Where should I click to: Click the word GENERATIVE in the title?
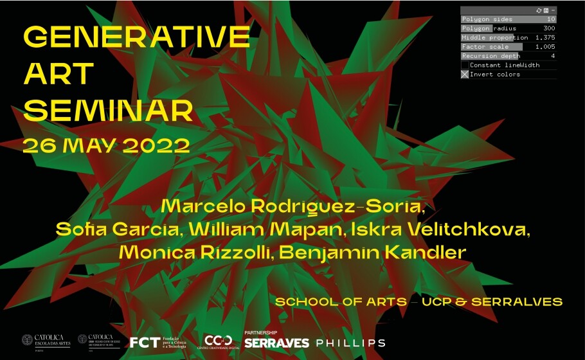[x=136, y=37]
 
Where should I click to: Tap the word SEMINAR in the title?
[x=108, y=111]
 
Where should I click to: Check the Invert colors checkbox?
[x=465, y=75]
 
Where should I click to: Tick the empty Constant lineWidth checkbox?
[x=465, y=65]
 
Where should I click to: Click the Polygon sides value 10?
[x=551, y=19]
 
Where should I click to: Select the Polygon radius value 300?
[x=549, y=28]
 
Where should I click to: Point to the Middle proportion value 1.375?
[x=545, y=37]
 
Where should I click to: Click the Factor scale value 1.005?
[x=545, y=47]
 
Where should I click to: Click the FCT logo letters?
[x=144, y=342]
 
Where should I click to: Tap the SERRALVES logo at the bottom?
[x=276, y=343]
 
